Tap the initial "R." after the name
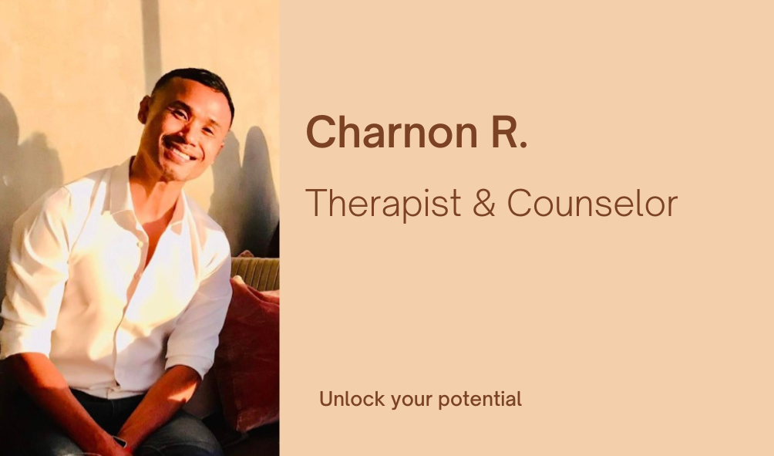(x=510, y=131)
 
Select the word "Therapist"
(x=384, y=204)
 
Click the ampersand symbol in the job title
(x=484, y=203)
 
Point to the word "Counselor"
(x=592, y=203)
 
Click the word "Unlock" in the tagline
(x=352, y=398)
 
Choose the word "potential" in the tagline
(x=480, y=399)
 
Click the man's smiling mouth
(x=180, y=152)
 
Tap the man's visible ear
(x=145, y=110)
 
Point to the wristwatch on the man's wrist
(x=121, y=441)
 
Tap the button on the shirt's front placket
(x=140, y=244)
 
